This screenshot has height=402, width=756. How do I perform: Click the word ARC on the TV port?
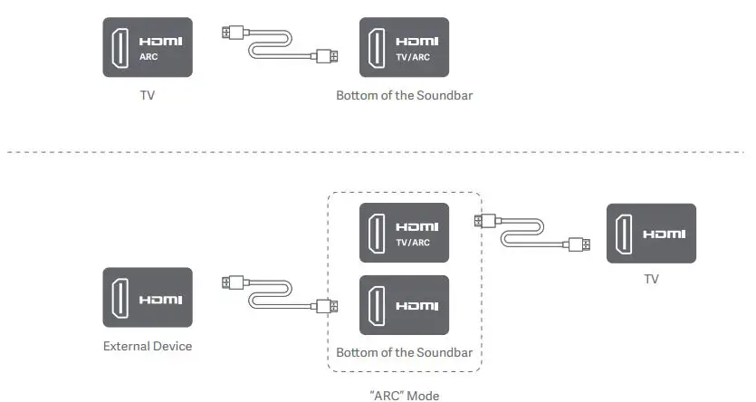click(x=148, y=55)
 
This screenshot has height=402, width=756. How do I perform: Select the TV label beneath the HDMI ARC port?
click(x=148, y=95)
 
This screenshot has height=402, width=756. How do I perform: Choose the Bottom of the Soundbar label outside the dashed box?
click(x=404, y=95)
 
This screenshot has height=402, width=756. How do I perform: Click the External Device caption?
click(x=148, y=346)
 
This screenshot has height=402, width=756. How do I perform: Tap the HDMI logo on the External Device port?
click(x=159, y=299)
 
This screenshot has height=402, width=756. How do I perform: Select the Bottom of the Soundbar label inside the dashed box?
click(x=404, y=352)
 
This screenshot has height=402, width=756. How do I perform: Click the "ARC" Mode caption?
click(x=404, y=395)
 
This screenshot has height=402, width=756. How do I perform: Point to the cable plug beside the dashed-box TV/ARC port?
click(x=483, y=221)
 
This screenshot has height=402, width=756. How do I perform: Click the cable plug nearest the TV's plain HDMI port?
click(x=579, y=244)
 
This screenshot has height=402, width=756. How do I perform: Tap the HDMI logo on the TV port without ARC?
click(x=665, y=234)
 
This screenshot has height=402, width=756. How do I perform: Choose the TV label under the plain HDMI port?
click(x=651, y=279)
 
